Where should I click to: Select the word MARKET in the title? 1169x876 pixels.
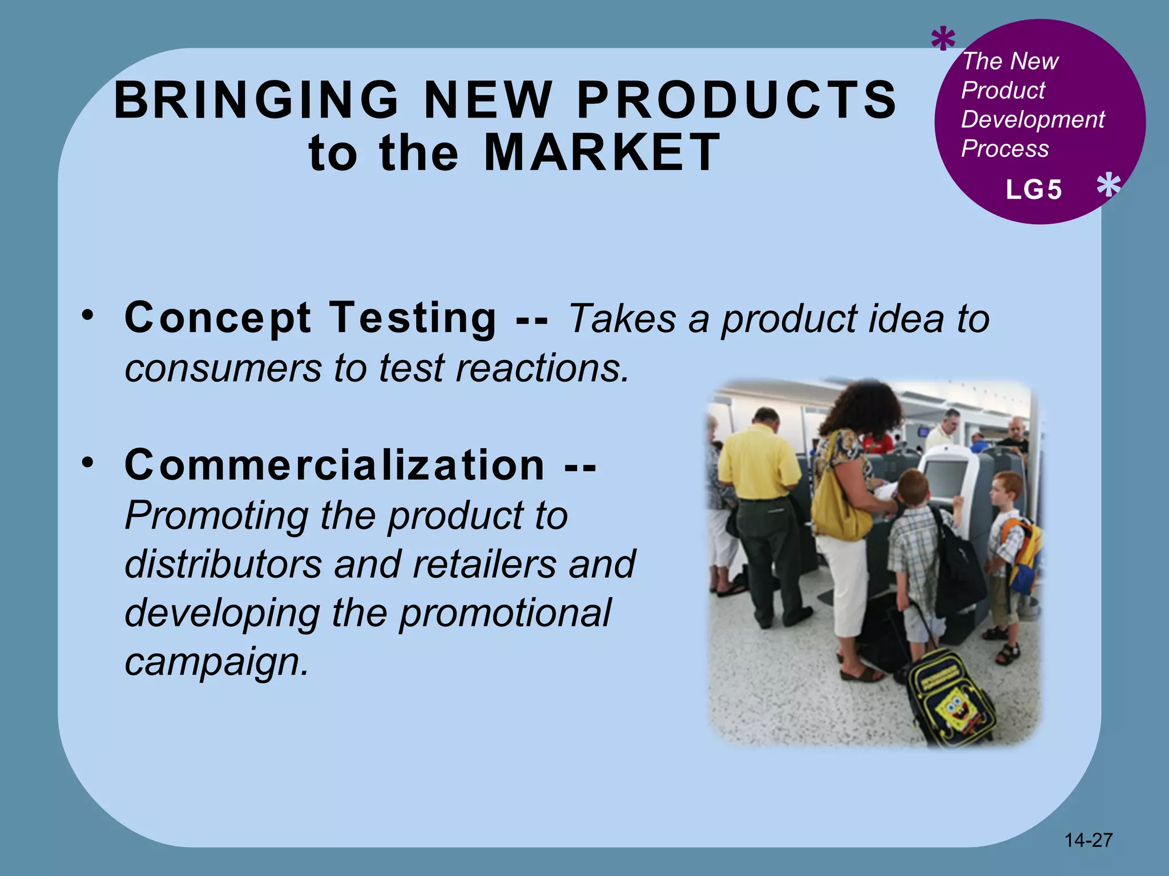tap(602, 152)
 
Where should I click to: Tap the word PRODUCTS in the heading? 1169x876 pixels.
tap(737, 100)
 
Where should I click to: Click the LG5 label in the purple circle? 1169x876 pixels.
tap(1034, 190)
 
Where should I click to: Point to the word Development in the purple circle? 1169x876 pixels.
tap(1033, 120)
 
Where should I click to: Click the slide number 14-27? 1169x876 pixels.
tap(1089, 840)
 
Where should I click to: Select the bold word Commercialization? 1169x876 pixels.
tap(334, 465)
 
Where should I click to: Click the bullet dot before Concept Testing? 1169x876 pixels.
tap(87, 315)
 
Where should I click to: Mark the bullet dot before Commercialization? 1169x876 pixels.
tap(87, 462)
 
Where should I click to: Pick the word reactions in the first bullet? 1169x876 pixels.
tap(542, 368)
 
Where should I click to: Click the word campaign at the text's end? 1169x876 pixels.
tap(216, 662)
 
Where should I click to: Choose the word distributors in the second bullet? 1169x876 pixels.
tap(223, 564)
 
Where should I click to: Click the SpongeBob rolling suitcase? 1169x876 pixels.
tap(952, 699)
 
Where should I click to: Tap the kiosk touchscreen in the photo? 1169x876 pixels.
tap(944, 479)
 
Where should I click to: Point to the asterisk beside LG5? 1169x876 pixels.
tap(1108, 186)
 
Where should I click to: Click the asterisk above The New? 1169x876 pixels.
tap(943, 40)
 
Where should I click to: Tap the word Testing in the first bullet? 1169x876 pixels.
tap(413, 318)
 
